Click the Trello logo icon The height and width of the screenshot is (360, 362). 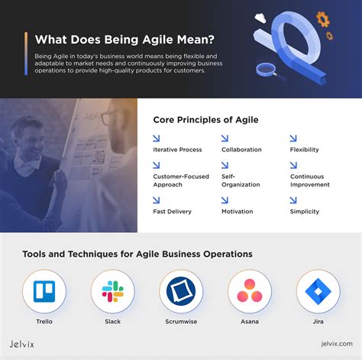pyautogui.click(x=44, y=292)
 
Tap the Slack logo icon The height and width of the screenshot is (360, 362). pyautogui.click(x=113, y=292)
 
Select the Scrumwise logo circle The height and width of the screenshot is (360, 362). pyautogui.click(x=181, y=292)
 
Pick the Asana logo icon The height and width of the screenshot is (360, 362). pyautogui.click(x=250, y=292)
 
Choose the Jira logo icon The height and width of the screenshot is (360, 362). pyautogui.click(x=318, y=292)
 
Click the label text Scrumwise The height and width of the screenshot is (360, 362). pyautogui.click(x=181, y=322)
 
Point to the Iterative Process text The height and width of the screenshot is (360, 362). pyautogui.click(x=177, y=150)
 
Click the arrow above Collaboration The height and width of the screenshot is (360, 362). pyautogui.click(x=225, y=138)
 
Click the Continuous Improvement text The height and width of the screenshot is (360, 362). pyautogui.click(x=310, y=180)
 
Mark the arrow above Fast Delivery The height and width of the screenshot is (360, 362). pyautogui.click(x=157, y=199)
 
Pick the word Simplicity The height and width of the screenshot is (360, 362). pyautogui.click(x=305, y=211)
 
